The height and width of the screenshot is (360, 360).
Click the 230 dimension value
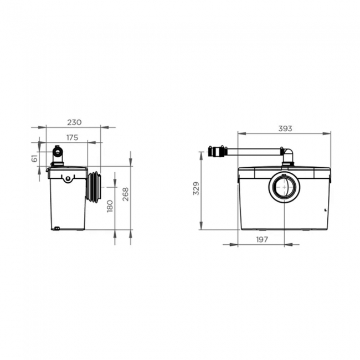click(x=75, y=122)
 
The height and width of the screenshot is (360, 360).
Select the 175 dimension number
click(x=72, y=137)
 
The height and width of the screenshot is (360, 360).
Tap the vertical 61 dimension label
click(x=34, y=158)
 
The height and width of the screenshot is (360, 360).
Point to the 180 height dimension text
click(x=109, y=206)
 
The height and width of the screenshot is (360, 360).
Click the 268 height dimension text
click(x=125, y=194)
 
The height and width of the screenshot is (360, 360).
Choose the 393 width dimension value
click(x=285, y=128)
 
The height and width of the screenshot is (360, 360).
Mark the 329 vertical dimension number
click(x=196, y=188)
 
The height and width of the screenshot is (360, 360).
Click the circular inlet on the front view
click(x=284, y=187)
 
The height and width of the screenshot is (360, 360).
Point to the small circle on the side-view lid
click(x=68, y=178)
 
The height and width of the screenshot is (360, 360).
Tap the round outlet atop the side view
click(x=58, y=151)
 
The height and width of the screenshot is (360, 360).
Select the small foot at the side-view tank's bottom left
click(x=55, y=228)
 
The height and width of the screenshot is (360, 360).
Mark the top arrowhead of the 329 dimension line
click(x=200, y=153)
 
